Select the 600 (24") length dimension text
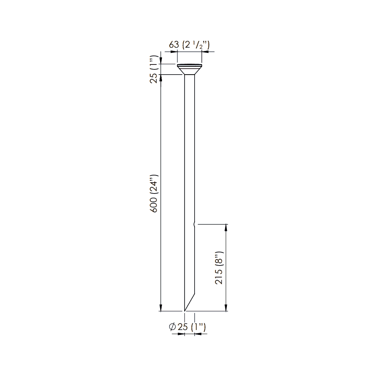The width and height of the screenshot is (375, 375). point(154,193)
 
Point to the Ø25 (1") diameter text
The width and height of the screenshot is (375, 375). point(187,327)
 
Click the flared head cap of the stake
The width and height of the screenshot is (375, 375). point(190,70)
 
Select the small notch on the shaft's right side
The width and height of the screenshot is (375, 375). point(194,224)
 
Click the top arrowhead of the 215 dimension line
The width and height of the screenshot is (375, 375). point(226,227)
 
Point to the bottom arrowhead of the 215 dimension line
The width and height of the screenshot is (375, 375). point(226,308)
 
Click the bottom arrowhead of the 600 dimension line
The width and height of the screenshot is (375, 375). point(161,308)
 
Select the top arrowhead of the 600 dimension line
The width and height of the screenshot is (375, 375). point(161,78)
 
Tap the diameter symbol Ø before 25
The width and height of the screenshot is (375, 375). point(173,327)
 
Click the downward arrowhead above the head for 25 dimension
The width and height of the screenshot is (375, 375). point(161,61)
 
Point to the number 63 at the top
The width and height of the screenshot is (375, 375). point(174,45)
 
